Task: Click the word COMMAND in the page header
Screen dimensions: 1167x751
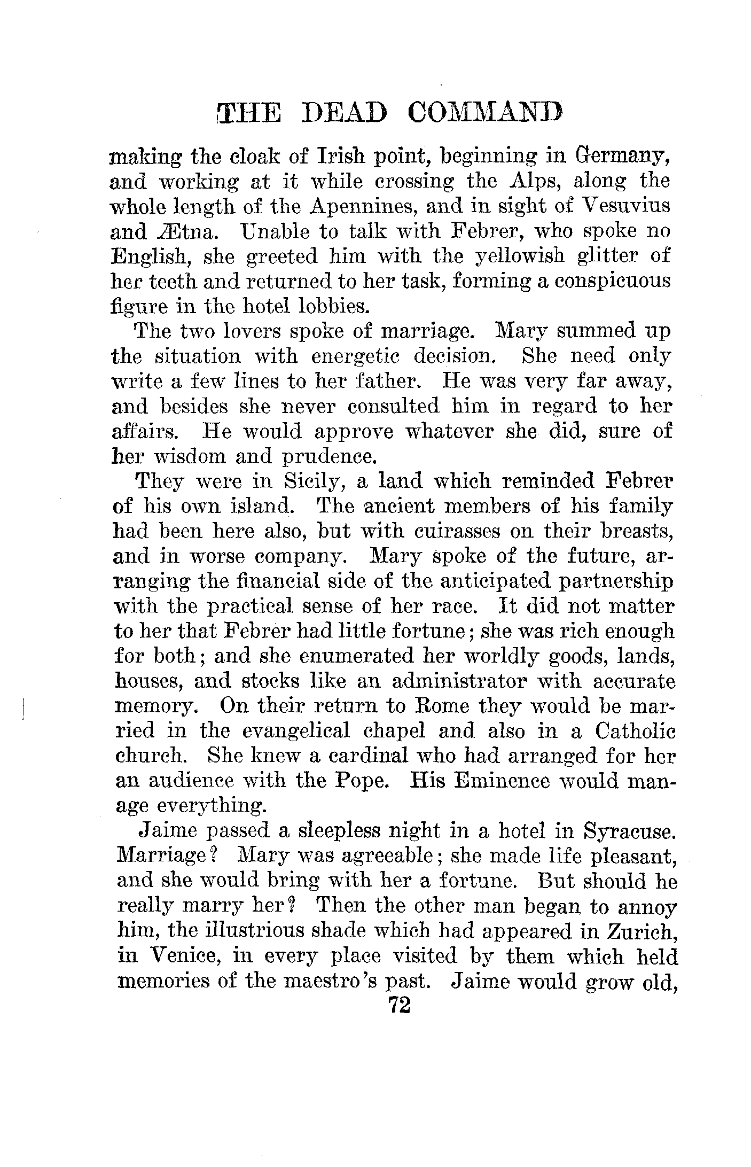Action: coord(484,114)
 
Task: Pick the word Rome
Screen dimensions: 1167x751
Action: coord(441,707)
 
